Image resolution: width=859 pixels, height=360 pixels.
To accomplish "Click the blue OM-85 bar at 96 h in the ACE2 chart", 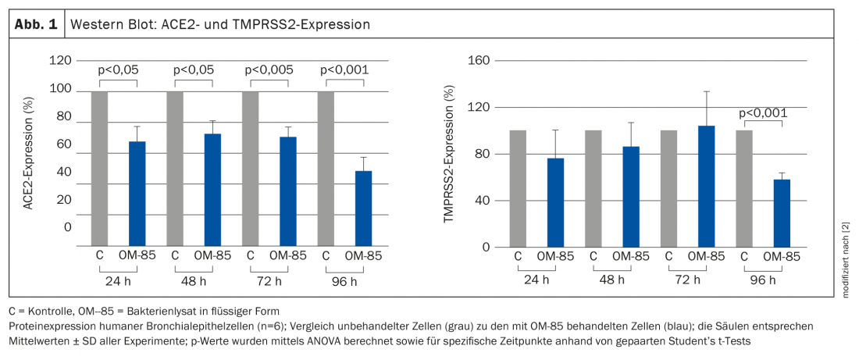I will click(363, 208).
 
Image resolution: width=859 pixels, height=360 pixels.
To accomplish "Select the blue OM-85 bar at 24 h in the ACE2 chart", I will click(137, 194).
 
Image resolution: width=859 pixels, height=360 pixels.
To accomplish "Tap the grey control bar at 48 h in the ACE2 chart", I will click(175, 168).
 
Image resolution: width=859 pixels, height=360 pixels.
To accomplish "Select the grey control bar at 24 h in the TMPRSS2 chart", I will click(518, 188).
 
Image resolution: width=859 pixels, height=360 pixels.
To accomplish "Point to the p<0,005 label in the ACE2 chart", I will click(269, 70).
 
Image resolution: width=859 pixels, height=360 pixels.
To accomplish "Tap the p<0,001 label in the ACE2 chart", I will click(344, 70).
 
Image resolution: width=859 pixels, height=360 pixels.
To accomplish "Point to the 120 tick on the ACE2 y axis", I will click(61, 60).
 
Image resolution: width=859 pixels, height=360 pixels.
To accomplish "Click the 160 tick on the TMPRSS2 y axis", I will click(479, 60).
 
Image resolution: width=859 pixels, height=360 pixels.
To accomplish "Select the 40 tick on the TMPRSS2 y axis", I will click(483, 201).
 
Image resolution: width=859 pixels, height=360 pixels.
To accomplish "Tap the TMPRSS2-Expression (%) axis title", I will click(448, 155).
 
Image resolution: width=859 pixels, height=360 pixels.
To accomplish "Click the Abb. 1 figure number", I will click(37, 24).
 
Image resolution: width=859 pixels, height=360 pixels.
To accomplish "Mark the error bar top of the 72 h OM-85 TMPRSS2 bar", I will click(708, 91).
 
